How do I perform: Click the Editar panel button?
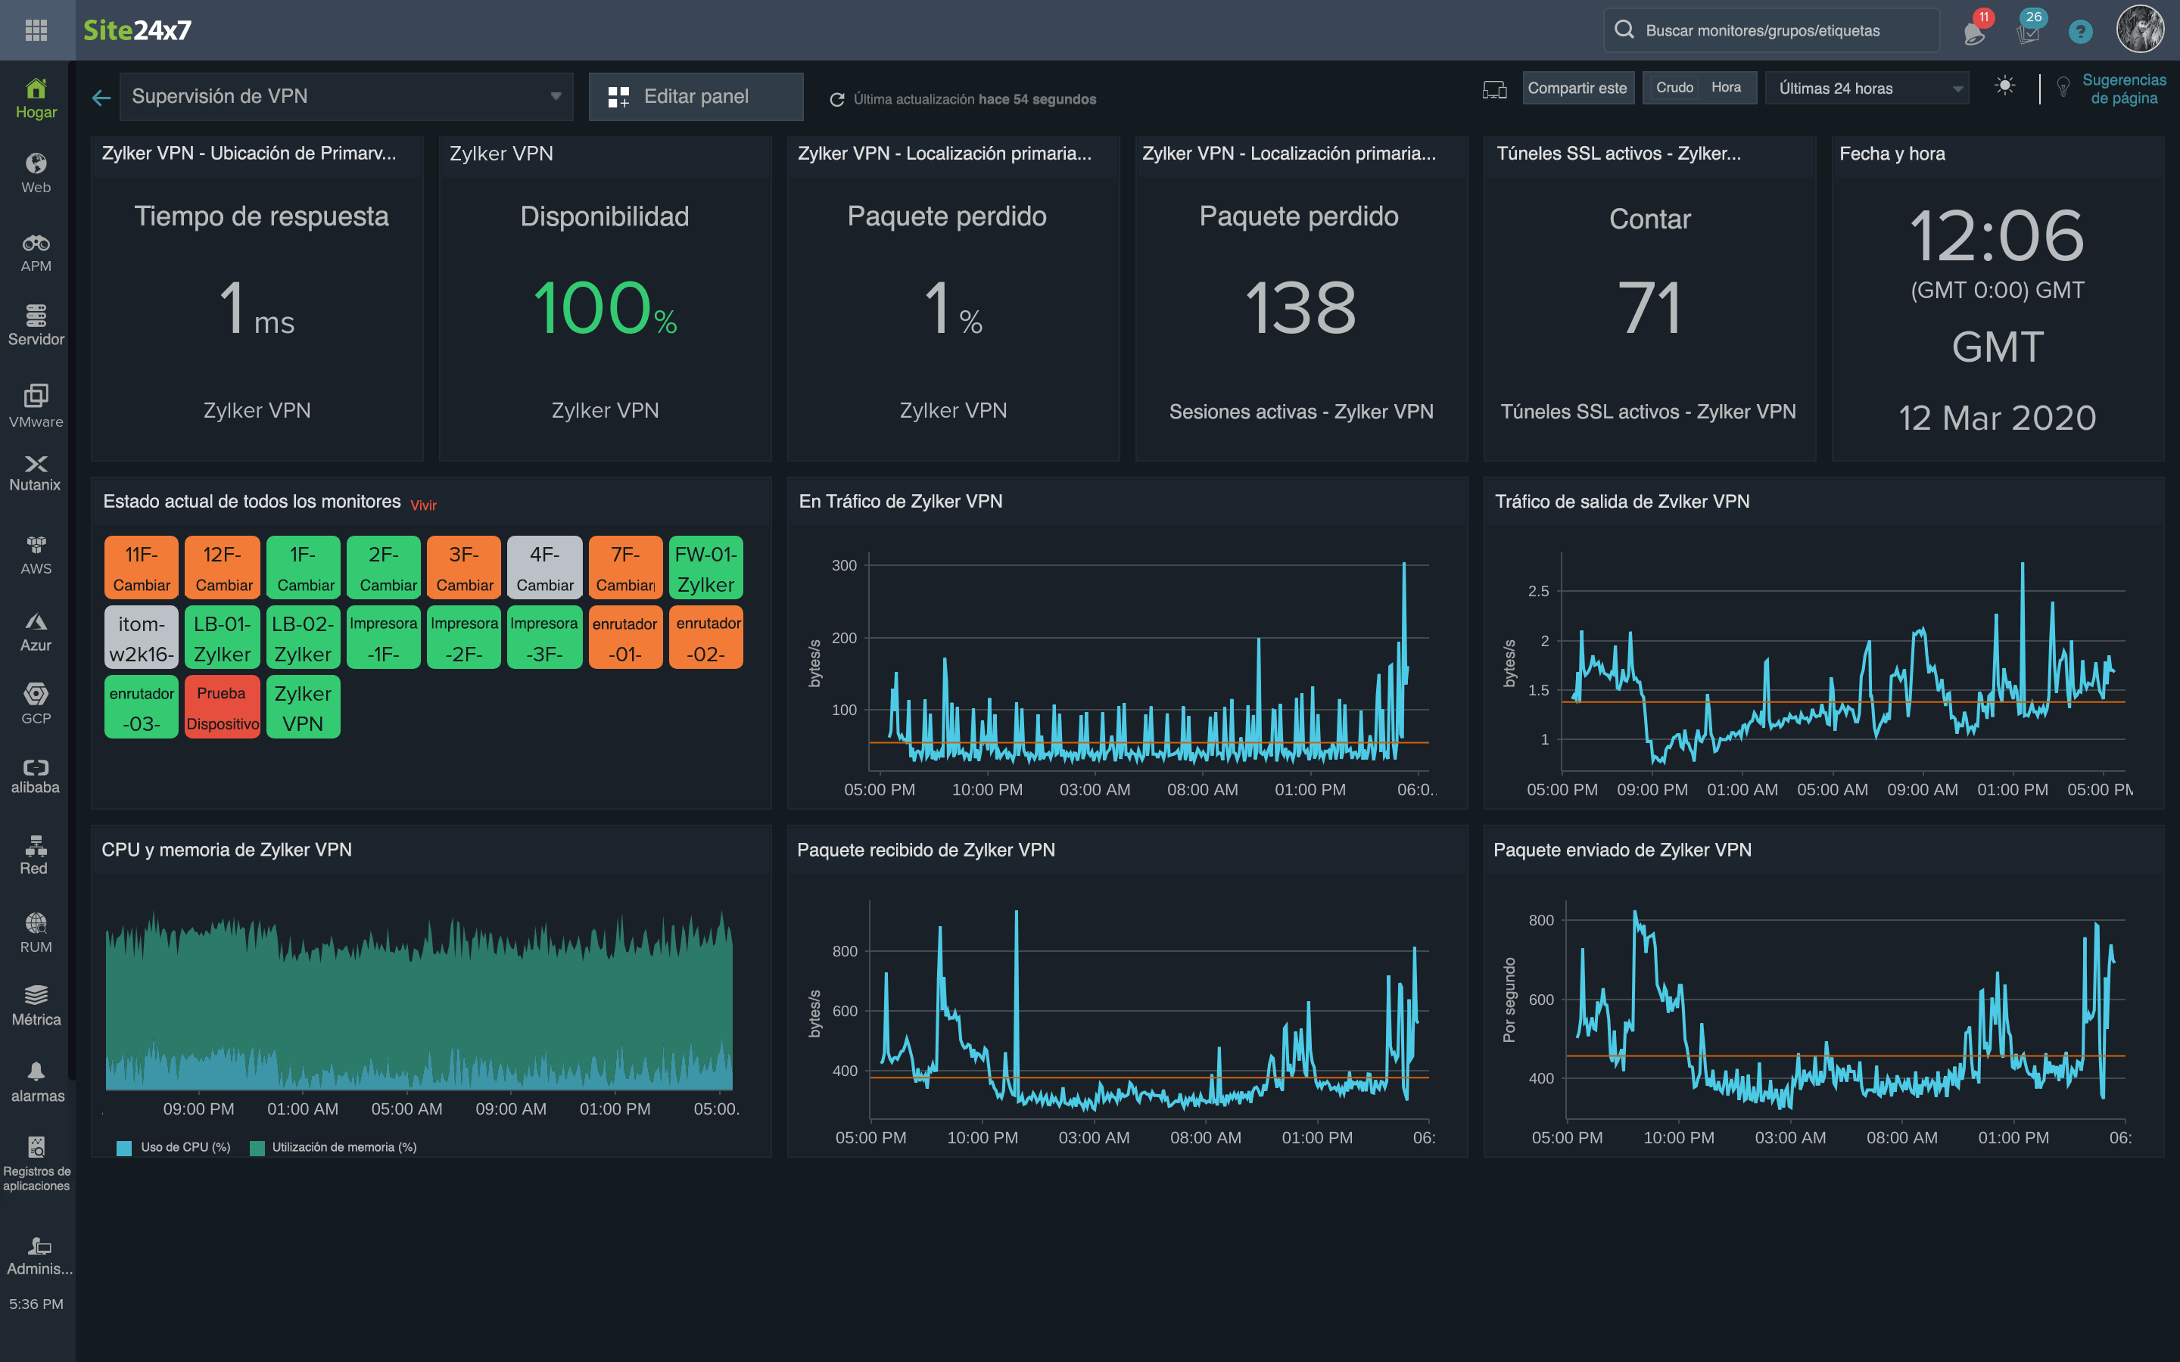coord(696,96)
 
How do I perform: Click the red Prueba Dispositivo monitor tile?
coord(223,708)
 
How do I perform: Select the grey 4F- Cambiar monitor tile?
coord(544,568)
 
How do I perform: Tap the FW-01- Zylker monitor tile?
coord(705,568)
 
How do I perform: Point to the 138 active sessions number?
coord(1300,309)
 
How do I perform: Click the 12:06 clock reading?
coord(1996,236)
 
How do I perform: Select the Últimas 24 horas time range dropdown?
coord(1867,89)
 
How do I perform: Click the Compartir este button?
coord(1577,89)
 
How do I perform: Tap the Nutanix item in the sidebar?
coord(36,473)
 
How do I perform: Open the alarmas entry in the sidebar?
coord(36,1082)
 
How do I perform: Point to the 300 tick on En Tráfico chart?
coord(844,566)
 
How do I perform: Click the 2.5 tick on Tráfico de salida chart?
coord(1539,591)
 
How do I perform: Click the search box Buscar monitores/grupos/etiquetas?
coord(1771,30)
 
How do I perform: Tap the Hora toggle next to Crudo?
coord(1726,87)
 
